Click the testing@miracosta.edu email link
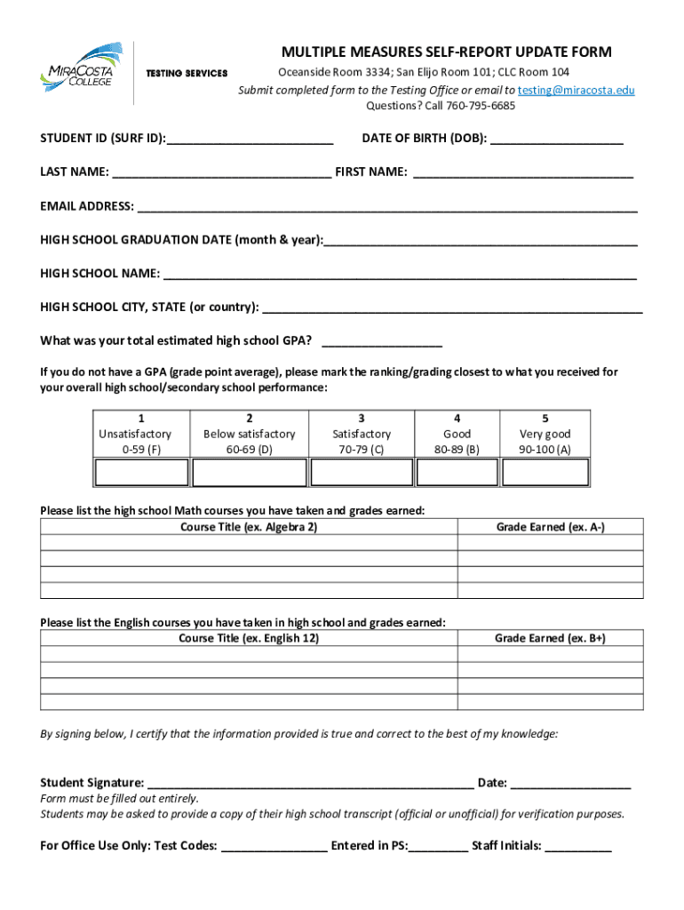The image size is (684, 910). point(576,91)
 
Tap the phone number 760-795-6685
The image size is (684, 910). point(480,106)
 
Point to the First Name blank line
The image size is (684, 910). point(523,174)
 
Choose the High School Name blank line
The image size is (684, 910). point(399,275)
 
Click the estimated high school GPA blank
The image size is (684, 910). point(382,343)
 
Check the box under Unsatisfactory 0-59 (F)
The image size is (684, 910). point(140,473)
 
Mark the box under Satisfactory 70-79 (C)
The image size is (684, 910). point(361,473)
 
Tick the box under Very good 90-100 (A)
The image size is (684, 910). point(545,473)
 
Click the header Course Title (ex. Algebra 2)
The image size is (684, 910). point(249,528)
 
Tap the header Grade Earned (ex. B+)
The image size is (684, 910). point(550,639)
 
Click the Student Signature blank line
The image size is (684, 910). point(310,786)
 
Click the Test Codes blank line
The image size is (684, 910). point(274,849)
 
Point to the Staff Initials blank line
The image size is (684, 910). point(577,849)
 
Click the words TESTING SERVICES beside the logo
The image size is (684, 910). point(187,73)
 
